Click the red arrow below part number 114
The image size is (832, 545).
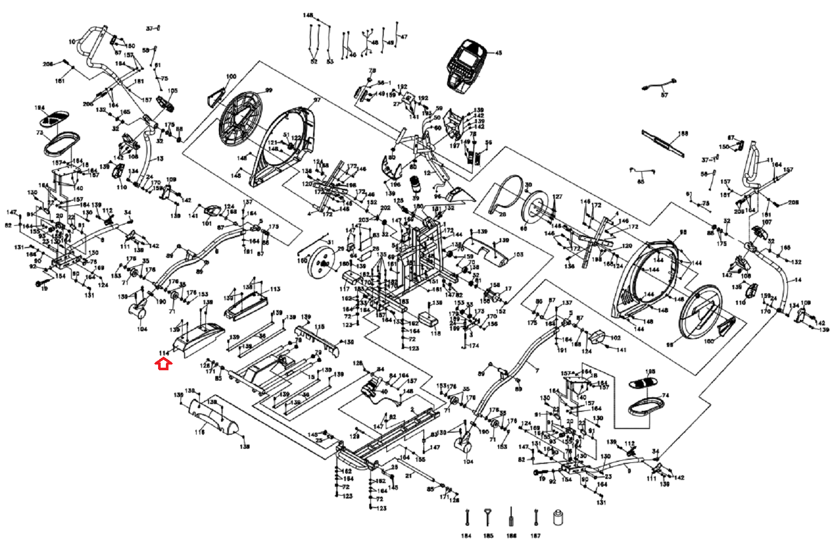[x=164, y=365]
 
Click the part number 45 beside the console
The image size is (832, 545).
[x=498, y=53]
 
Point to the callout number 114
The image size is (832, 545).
[x=164, y=353]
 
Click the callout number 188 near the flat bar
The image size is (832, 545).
[x=683, y=134]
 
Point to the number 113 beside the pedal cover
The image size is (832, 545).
[x=275, y=289]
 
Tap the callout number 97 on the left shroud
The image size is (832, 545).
[x=317, y=100]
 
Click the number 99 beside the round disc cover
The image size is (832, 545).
[x=268, y=90]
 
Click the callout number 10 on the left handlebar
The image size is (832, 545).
[x=72, y=42]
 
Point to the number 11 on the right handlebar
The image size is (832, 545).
[x=770, y=161]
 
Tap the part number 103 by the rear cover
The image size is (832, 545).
[x=518, y=255]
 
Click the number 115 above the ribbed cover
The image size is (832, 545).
[x=319, y=327]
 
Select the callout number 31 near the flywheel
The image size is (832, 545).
[x=331, y=242]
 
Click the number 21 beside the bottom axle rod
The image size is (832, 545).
[x=409, y=475]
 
